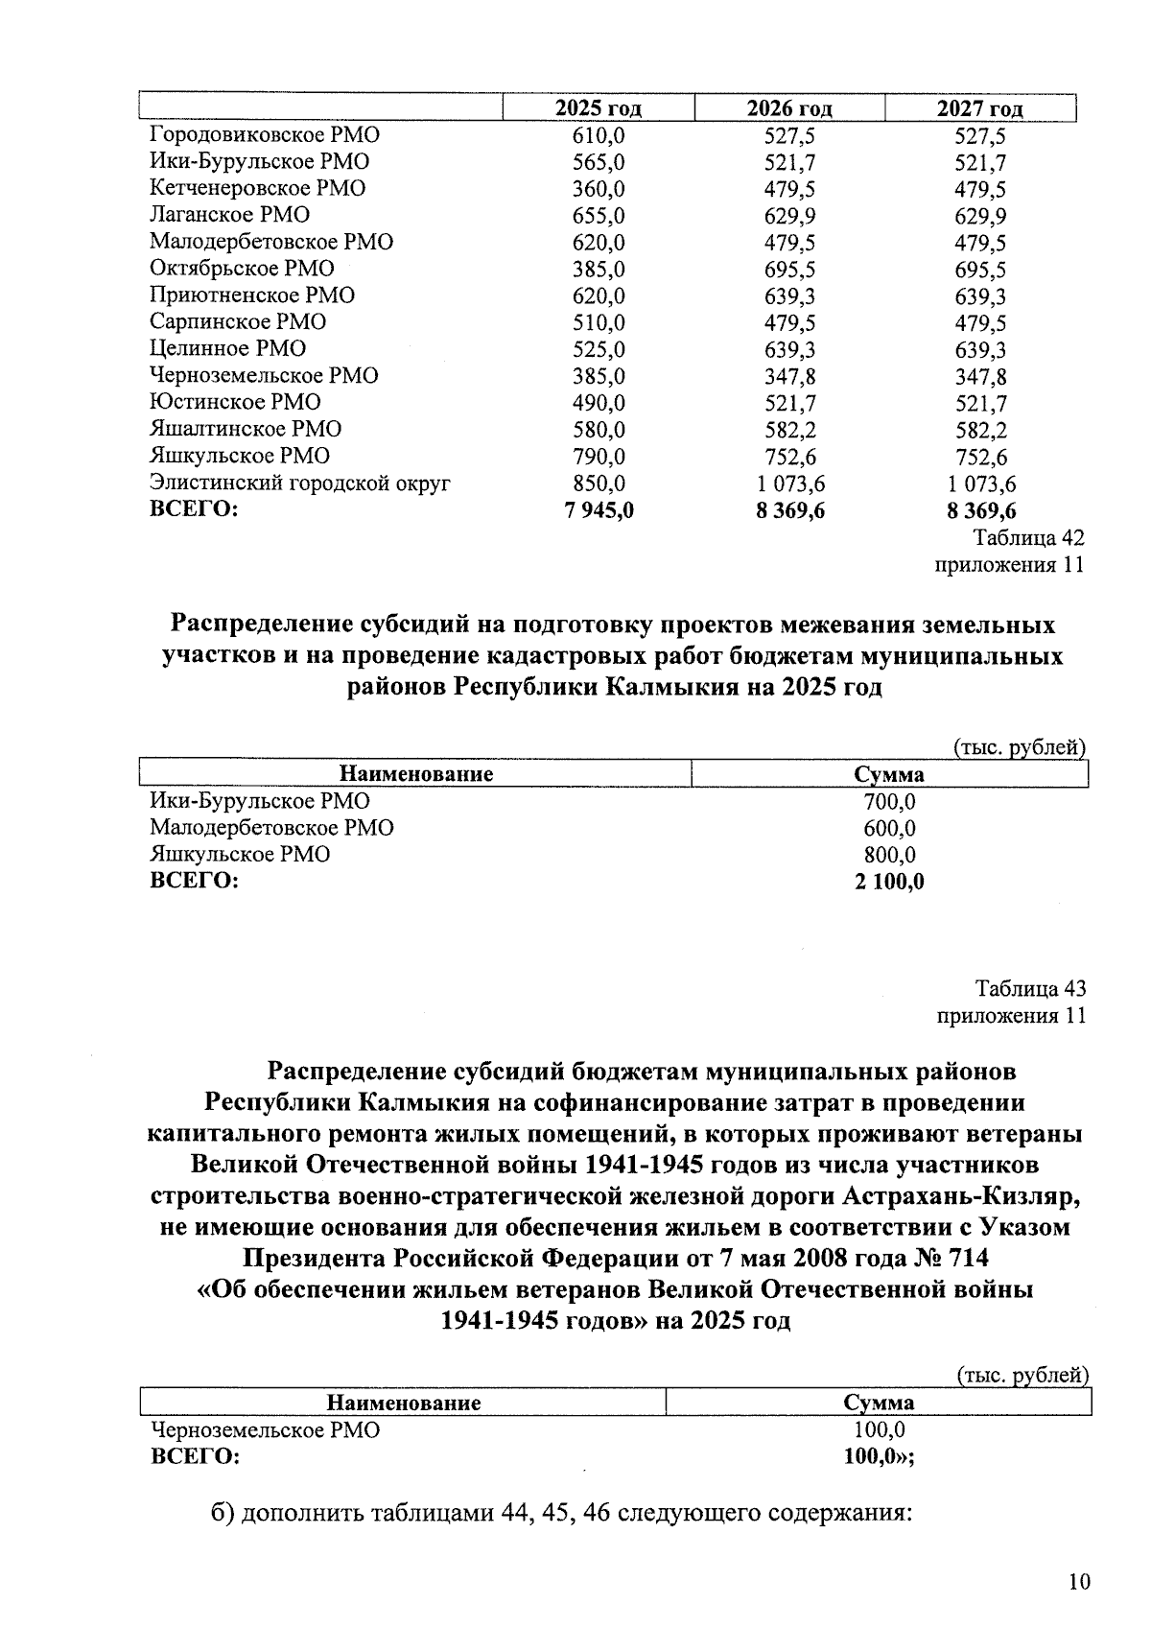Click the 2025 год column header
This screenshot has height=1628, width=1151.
pos(599,108)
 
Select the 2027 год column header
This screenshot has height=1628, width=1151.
pos(979,108)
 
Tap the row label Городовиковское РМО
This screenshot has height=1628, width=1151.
pos(264,135)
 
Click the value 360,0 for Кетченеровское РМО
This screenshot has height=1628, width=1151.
pos(599,189)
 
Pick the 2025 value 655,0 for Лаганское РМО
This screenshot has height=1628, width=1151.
pos(599,216)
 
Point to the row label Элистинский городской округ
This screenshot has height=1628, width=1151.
pos(299,484)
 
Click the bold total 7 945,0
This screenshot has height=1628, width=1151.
pos(599,510)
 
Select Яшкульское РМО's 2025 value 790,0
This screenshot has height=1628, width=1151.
pos(599,457)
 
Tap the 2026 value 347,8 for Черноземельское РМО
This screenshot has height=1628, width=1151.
pos(789,376)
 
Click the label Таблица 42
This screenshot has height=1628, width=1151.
pos(1029,537)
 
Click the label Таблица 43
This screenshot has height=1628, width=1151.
pos(1030,988)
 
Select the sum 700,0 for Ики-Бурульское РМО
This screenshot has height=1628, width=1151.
pos(889,801)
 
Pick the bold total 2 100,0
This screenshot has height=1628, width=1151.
pos(889,882)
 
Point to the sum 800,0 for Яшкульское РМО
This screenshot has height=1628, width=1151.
pos(889,855)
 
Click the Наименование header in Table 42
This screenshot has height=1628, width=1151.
pos(416,774)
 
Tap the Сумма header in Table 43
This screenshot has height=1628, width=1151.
pos(879,1403)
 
